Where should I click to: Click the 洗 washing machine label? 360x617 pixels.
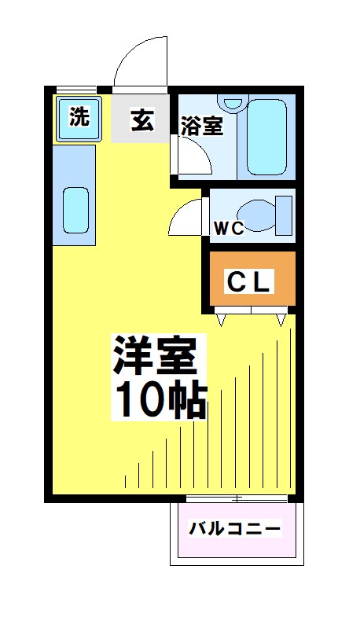[x=79, y=118]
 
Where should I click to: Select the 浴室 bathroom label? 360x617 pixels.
[x=202, y=126]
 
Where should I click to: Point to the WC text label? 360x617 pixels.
[x=230, y=229]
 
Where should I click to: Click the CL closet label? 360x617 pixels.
[x=249, y=281]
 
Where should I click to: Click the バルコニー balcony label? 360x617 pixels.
[x=234, y=529]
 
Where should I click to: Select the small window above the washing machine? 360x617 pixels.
[x=76, y=89]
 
